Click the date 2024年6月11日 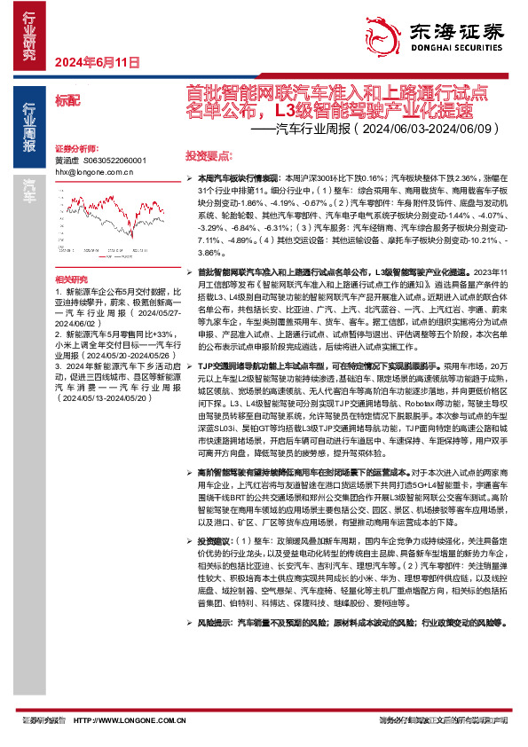pyautogui.click(x=98, y=63)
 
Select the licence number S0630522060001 pyautogui.click(x=114, y=161)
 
